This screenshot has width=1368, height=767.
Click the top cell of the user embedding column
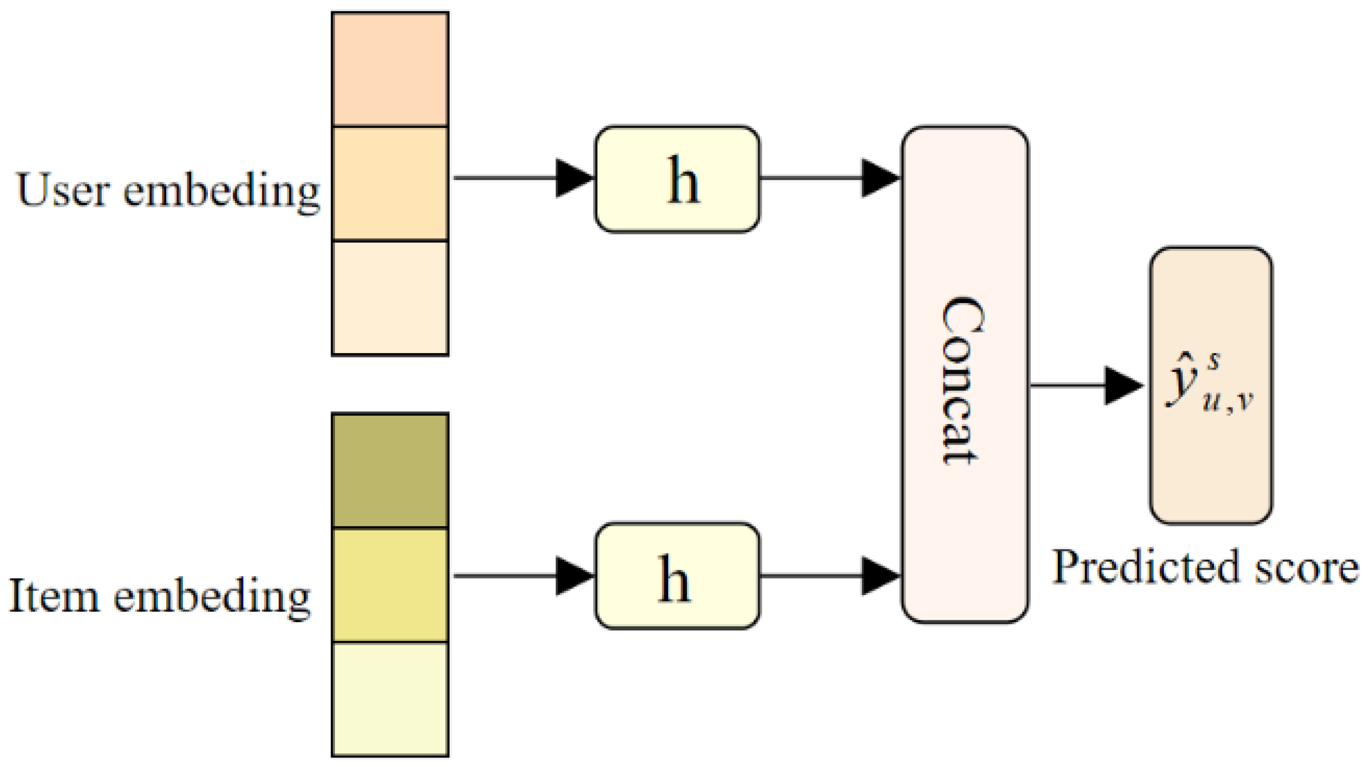[x=390, y=70]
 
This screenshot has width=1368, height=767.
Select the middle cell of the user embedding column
[x=390, y=184]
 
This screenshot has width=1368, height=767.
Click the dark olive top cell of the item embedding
[x=390, y=471]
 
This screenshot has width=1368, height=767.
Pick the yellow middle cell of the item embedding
[x=390, y=585]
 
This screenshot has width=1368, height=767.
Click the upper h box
[x=676, y=179]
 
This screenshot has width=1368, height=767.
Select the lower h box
[x=676, y=576]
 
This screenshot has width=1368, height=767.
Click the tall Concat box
[x=964, y=375]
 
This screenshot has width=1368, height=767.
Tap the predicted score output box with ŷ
[x=1211, y=386]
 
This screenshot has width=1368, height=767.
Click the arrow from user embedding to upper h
[x=523, y=177]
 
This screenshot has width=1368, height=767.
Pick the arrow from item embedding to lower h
[x=523, y=575]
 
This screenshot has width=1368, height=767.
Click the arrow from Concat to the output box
[x=1086, y=385]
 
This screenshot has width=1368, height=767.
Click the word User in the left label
[x=63, y=190]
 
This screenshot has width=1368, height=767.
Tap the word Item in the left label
[x=53, y=595]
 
